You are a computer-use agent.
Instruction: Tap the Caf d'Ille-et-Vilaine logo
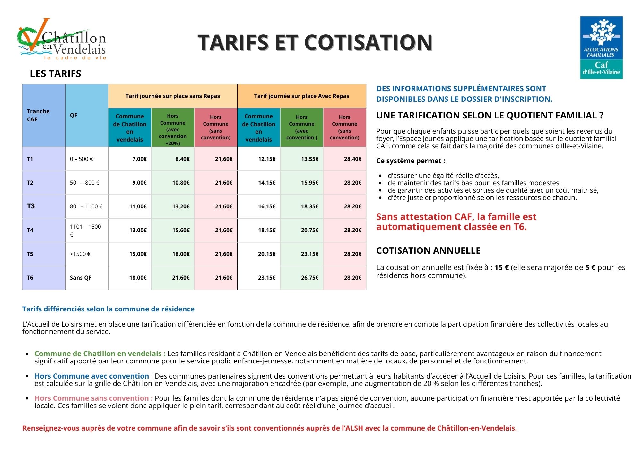(601, 48)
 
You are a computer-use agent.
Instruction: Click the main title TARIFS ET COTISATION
(315, 42)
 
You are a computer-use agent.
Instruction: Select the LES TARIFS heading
(56, 74)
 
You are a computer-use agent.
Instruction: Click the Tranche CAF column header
(39, 115)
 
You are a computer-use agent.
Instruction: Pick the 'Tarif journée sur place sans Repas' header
(173, 96)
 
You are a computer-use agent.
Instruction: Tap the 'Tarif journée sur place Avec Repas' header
(301, 96)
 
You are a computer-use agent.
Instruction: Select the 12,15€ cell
(267, 159)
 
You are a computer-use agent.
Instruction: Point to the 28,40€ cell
(352, 159)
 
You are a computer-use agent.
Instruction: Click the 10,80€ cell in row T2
(181, 183)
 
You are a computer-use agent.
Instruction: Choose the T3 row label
(31, 206)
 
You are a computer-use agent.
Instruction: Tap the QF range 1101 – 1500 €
(85, 230)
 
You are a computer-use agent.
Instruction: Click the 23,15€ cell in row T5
(309, 254)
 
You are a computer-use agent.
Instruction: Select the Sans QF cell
(81, 278)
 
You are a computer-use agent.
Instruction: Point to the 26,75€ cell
(309, 278)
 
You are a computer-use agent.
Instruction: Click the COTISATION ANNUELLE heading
(428, 251)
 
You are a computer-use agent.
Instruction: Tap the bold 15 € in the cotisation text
(501, 267)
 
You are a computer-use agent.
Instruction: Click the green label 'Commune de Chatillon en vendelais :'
(100, 354)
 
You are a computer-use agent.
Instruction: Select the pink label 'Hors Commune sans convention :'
(93, 398)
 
